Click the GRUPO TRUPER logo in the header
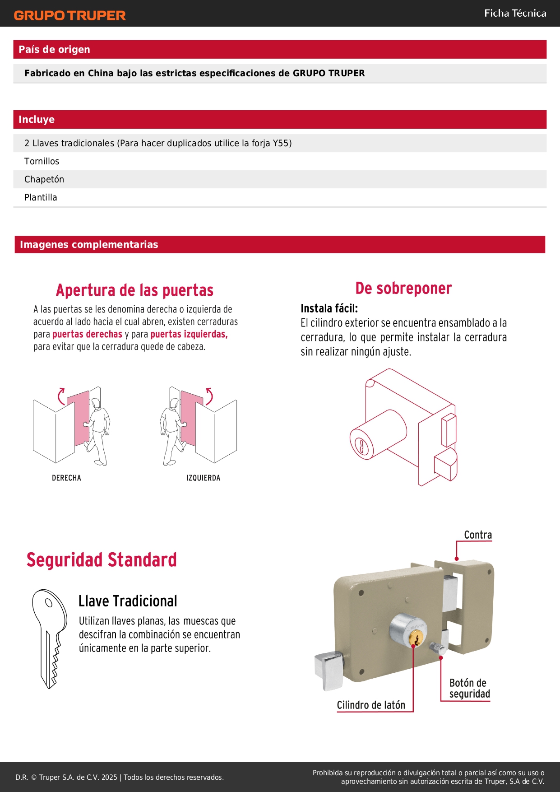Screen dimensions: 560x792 (69, 15)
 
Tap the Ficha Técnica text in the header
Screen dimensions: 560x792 (515, 13)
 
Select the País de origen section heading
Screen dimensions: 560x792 (54, 49)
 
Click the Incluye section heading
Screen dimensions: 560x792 (37, 119)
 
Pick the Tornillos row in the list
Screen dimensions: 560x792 (42, 161)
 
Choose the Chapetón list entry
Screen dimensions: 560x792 (44, 179)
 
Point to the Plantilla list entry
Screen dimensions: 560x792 (41, 197)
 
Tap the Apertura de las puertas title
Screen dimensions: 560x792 (134, 290)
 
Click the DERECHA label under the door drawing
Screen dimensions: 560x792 (66, 478)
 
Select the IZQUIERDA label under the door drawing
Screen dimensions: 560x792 (203, 478)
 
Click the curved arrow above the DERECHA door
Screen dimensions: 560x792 (60, 396)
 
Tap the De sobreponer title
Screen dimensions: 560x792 (403, 288)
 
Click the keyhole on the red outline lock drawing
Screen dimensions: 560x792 (361, 446)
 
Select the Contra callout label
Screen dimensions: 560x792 (478, 535)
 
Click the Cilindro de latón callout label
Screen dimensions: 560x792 (371, 705)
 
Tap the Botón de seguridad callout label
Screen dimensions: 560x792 (469, 688)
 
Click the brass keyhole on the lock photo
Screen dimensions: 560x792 (416, 638)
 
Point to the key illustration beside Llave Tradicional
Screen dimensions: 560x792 (50, 638)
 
